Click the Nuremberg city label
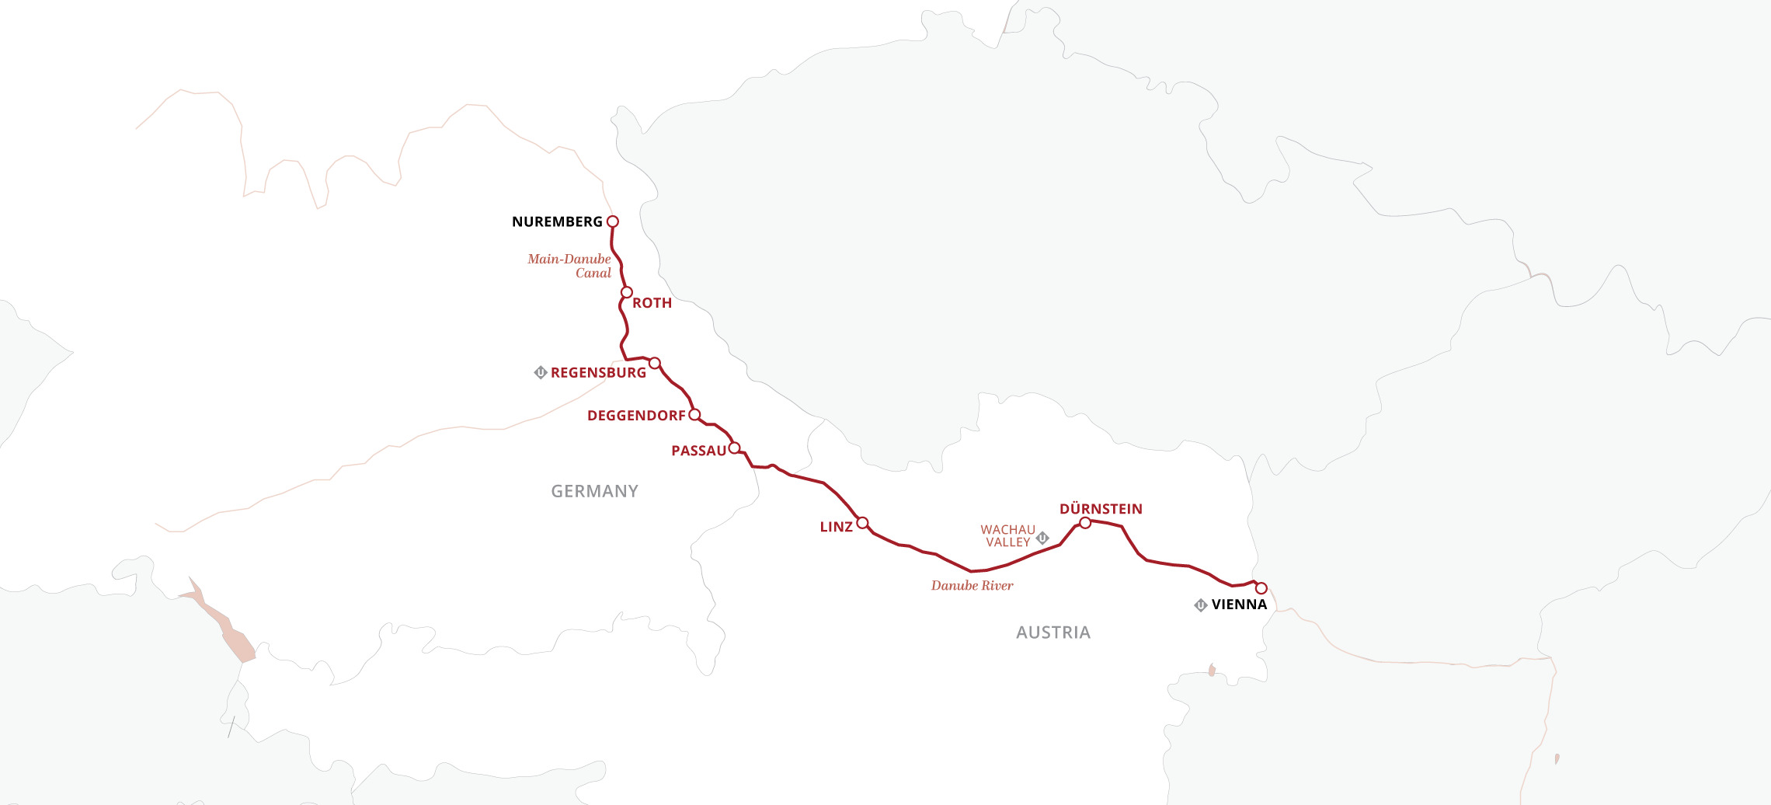pyautogui.click(x=557, y=222)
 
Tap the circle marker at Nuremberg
pyautogui.click(x=612, y=221)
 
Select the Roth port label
pyautogui.click(x=652, y=303)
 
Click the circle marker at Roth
pyautogui.click(x=627, y=292)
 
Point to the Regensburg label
pyautogui.click(x=598, y=373)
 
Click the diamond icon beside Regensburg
pyautogui.click(x=541, y=372)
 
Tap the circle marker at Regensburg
pyautogui.click(x=655, y=363)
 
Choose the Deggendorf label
pyautogui.click(x=636, y=416)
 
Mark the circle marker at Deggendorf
pyautogui.click(x=694, y=414)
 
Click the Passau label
pyautogui.click(x=698, y=451)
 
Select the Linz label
pyautogui.click(x=836, y=527)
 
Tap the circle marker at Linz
pyautogui.click(x=862, y=522)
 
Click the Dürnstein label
pyautogui.click(x=1101, y=509)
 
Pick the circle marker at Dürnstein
pyautogui.click(x=1085, y=523)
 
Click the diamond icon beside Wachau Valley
pyautogui.click(x=1043, y=537)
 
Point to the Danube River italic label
pyautogui.click(x=972, y=586)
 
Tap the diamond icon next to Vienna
pyautogui.click(x=1201, y=605)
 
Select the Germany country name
pyautogui.click(x=594, y=491)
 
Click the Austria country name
pyautogui.click(x=1053, y=632)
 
